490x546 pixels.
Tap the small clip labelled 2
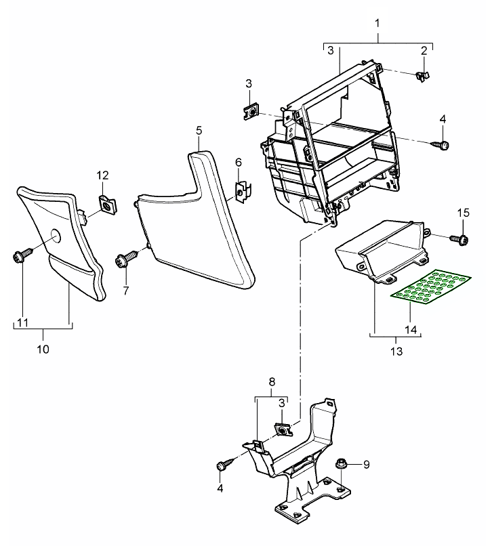click(x=421, y=75)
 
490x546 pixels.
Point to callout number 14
click(x=409, y=329)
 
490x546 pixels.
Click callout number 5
click(x=198, y=128)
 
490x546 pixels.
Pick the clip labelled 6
click(x=241, y=192)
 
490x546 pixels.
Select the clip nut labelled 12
click(x=106, y=202)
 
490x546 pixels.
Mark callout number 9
click(x=367, y=464)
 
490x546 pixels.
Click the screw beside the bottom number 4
click(x=223, y=466)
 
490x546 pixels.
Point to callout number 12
click(x=102, y=175)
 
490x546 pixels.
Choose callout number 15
click(x=462, y=213)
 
